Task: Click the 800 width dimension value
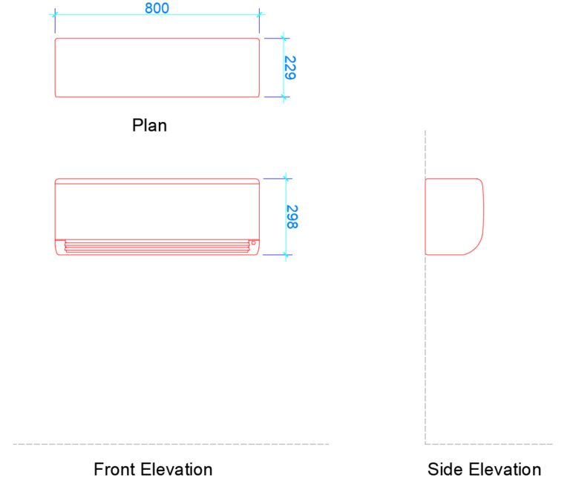[x=157, y=8]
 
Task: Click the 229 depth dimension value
[x=290, y=67]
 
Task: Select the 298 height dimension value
[x=291, y=216]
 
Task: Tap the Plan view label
[x=149, y=125]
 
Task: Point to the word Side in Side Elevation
[x=443, y=469]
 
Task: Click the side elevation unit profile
[x=453, y=216]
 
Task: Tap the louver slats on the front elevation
[x=157, y=245]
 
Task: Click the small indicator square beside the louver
[x=253, y=242]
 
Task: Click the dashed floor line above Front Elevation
[x=171, y=445]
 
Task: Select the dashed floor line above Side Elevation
[x=490, y=445]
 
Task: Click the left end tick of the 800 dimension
[x=55, y=14]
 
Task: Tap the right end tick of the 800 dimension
[x=260, y=14]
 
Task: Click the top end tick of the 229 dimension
[x=284, y=38]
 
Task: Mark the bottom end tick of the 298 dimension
[x=286, y=255]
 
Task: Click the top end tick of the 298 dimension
[x=286, y=178]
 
